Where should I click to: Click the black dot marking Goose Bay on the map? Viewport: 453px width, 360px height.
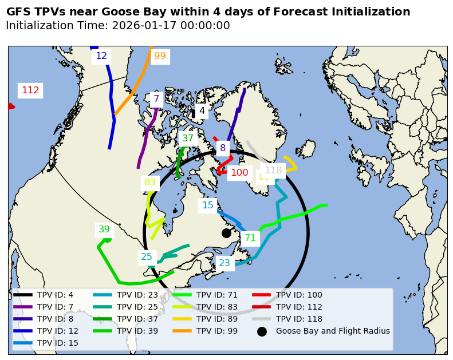click(226, 233)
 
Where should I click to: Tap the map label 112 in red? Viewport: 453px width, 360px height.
click(30, 90)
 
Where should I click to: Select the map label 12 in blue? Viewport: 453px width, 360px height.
click(101, 56)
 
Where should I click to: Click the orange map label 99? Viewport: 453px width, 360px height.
click(160, 56)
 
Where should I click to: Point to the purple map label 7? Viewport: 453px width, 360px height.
click(156, 98)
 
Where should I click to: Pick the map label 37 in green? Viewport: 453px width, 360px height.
click(187, 139)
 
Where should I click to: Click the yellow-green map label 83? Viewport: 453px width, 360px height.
click(150, 183)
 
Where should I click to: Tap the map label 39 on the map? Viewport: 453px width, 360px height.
click(104, 230)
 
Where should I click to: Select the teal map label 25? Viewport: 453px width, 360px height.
click(147, 257)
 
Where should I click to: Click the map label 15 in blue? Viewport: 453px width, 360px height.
click(207, 205)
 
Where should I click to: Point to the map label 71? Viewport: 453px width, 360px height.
click(250, 238)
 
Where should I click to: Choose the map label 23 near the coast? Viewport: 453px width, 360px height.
click(224, 263)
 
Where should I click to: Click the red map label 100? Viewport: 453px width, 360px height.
click(239, 173)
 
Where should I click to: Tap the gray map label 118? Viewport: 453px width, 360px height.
click(273, 171)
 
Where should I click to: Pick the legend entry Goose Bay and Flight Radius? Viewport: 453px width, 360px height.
click(333, 331)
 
